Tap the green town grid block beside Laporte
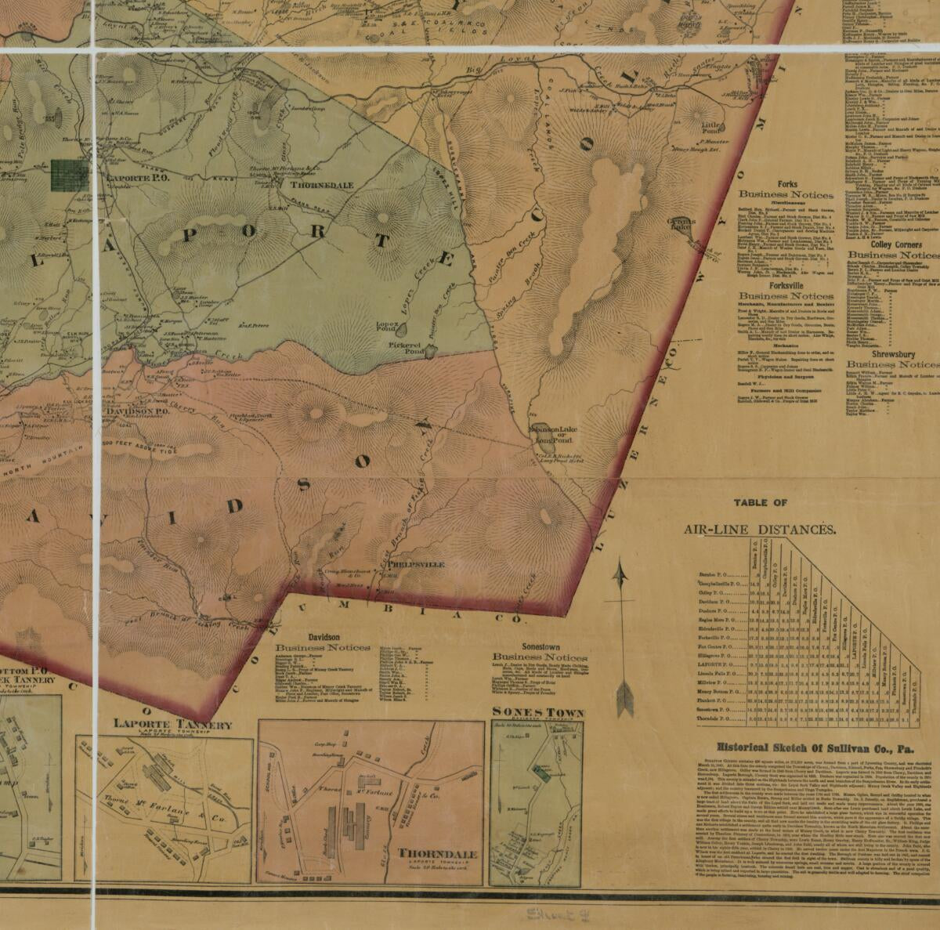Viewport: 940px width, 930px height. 70,176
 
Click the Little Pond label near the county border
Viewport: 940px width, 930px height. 712,128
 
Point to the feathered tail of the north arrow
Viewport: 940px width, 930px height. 624,697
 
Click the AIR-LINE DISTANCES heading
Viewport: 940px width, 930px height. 759,530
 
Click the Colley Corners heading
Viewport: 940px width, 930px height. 892,244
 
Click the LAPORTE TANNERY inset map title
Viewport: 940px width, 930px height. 172,725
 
